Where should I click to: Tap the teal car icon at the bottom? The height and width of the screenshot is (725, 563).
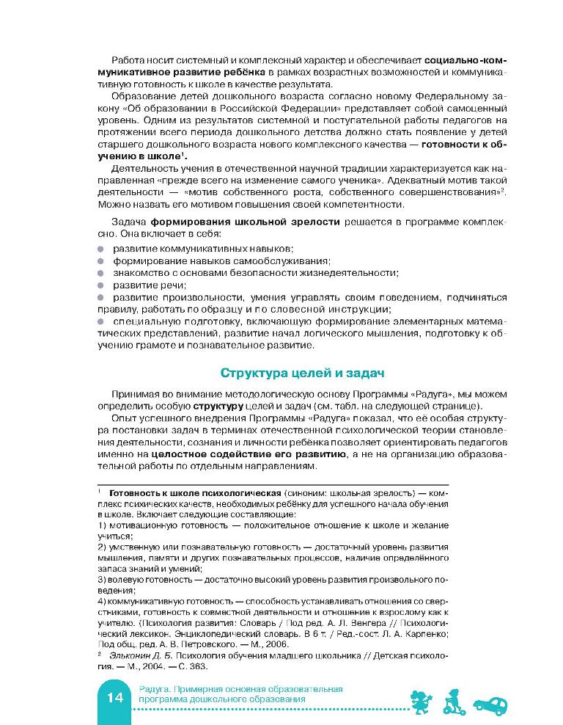point(491,704)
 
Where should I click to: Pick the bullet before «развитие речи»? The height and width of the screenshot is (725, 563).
point(101,285)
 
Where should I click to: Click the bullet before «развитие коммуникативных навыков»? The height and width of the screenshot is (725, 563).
point(101,249)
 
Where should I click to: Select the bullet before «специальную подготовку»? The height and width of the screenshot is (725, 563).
point(101,321)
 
